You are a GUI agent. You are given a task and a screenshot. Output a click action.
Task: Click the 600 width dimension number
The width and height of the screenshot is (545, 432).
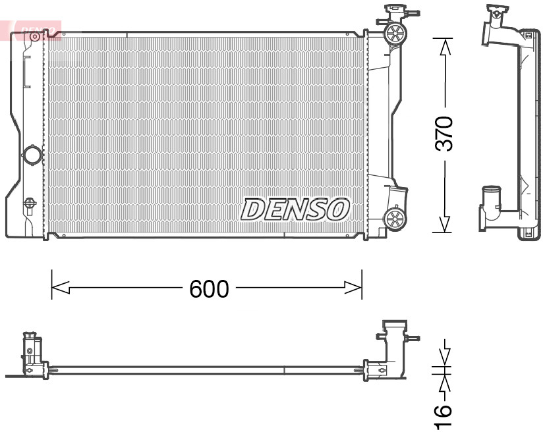(209, 288)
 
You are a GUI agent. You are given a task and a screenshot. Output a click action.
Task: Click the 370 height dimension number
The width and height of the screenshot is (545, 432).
(446, 134)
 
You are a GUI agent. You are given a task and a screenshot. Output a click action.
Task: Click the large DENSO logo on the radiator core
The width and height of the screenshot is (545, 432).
(295, 209)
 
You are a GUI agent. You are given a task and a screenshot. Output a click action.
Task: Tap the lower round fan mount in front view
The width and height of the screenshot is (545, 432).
(395, 219)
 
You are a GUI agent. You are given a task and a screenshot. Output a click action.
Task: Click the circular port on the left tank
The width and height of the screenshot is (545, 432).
(31, 156)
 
